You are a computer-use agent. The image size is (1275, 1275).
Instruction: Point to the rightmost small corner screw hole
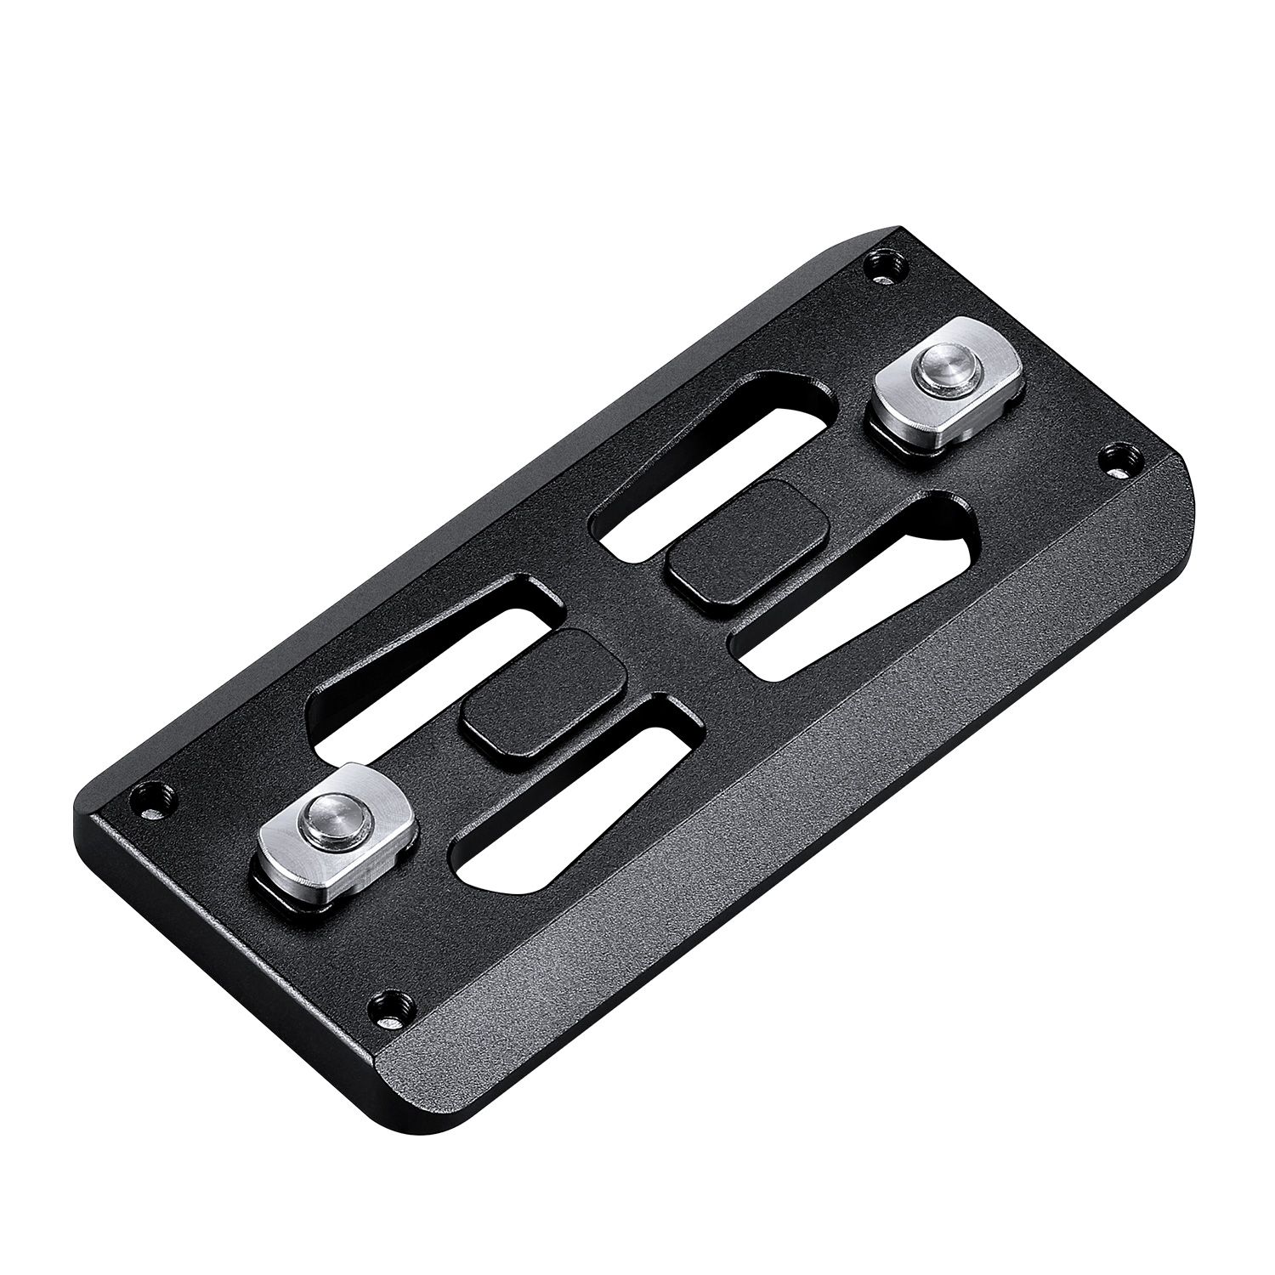[1114, 460]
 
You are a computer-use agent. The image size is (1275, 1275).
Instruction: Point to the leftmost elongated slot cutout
[425, 663]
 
